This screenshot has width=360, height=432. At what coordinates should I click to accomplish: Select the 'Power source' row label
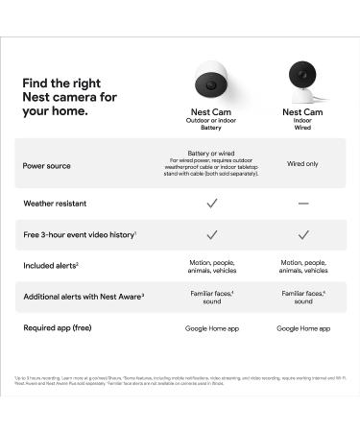point(46,165)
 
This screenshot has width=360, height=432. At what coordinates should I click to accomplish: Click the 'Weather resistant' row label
point(57,204)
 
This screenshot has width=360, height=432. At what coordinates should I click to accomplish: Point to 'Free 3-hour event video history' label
point(80,234)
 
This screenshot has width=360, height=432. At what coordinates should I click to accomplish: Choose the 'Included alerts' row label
point(52,265)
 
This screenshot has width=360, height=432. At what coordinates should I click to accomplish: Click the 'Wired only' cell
point(302,164)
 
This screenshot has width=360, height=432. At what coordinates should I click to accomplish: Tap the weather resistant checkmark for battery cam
point(212,204)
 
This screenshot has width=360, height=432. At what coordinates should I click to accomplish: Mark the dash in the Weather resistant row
point(302,204)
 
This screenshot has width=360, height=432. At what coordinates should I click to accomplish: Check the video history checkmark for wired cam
point(302,234)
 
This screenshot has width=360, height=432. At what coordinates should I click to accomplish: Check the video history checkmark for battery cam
point(212,234)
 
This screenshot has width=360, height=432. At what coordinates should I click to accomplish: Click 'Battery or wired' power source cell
point(212,154)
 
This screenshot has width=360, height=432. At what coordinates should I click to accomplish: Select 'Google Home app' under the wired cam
point(302,328)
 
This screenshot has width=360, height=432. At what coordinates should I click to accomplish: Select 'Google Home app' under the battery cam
point(212,328)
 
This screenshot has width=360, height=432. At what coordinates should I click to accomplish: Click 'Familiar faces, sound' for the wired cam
point(302,297)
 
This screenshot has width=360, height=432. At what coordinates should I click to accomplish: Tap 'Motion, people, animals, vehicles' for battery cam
point(212,265)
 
